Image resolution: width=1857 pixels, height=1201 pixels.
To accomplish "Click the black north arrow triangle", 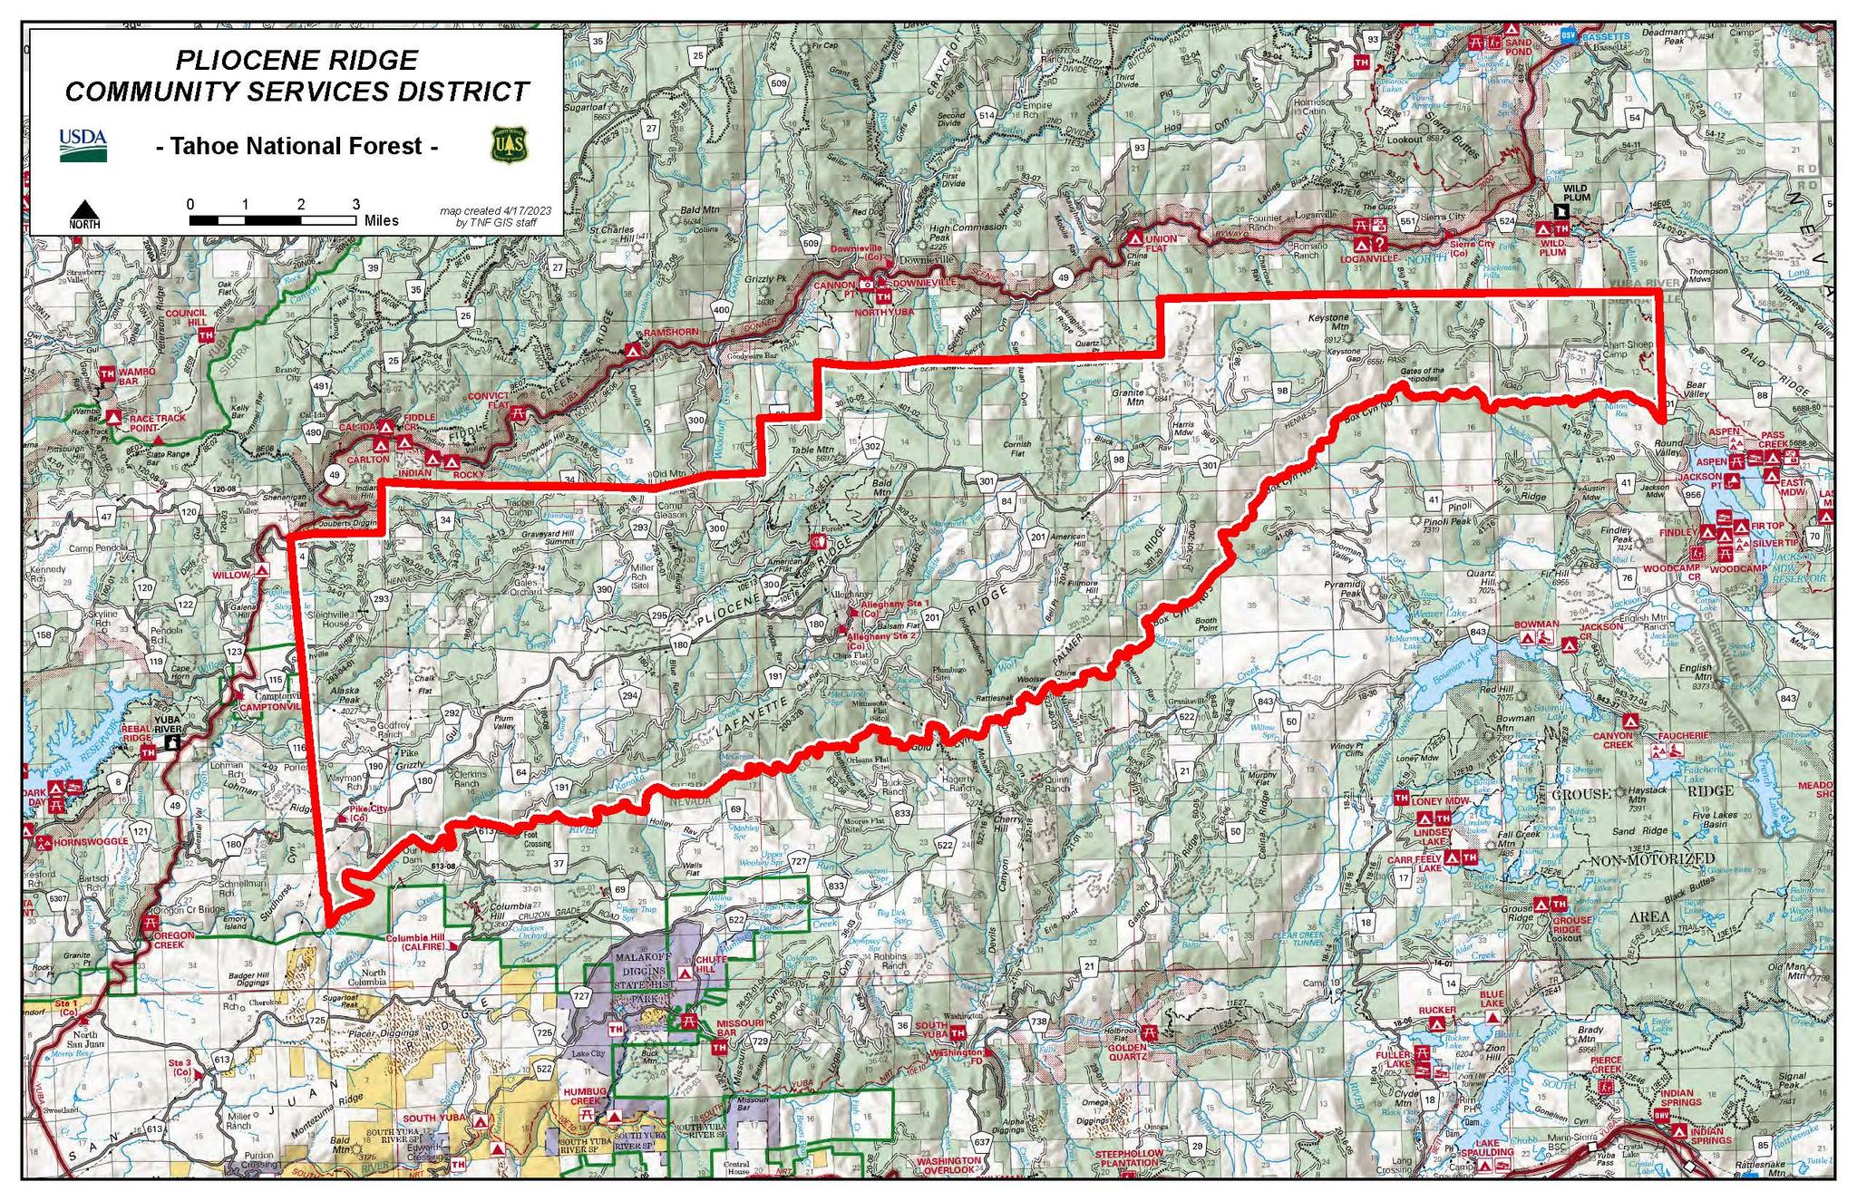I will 84,209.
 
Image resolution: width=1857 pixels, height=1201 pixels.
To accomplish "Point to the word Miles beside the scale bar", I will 382,220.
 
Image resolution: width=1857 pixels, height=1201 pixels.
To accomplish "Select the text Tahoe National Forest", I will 297,146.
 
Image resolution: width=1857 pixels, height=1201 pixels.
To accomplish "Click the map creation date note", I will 495,216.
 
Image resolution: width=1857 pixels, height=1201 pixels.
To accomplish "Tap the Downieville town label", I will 926,259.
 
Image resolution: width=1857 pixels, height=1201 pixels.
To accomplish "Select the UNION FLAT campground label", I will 1164,244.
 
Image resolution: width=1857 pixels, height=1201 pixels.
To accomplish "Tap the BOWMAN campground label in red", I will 1536,625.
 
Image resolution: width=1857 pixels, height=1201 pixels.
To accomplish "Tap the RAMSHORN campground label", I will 672,333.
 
